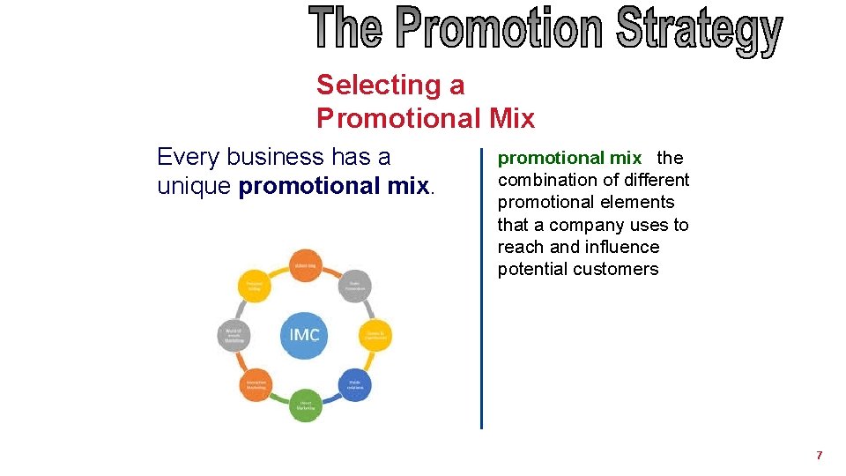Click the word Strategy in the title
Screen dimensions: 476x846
(x=698, y=29)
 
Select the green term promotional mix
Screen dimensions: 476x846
(x=569, y=158)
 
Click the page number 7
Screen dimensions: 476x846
(x=820, y=456)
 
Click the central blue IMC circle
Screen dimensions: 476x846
(x=304, y=335)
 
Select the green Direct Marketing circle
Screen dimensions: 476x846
(x=305, y=405)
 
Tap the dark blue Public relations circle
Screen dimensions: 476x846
(x=354, y=384)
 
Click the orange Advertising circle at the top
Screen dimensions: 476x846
(x=306, y=264)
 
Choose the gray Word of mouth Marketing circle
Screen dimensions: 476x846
(x=234, y=335)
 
